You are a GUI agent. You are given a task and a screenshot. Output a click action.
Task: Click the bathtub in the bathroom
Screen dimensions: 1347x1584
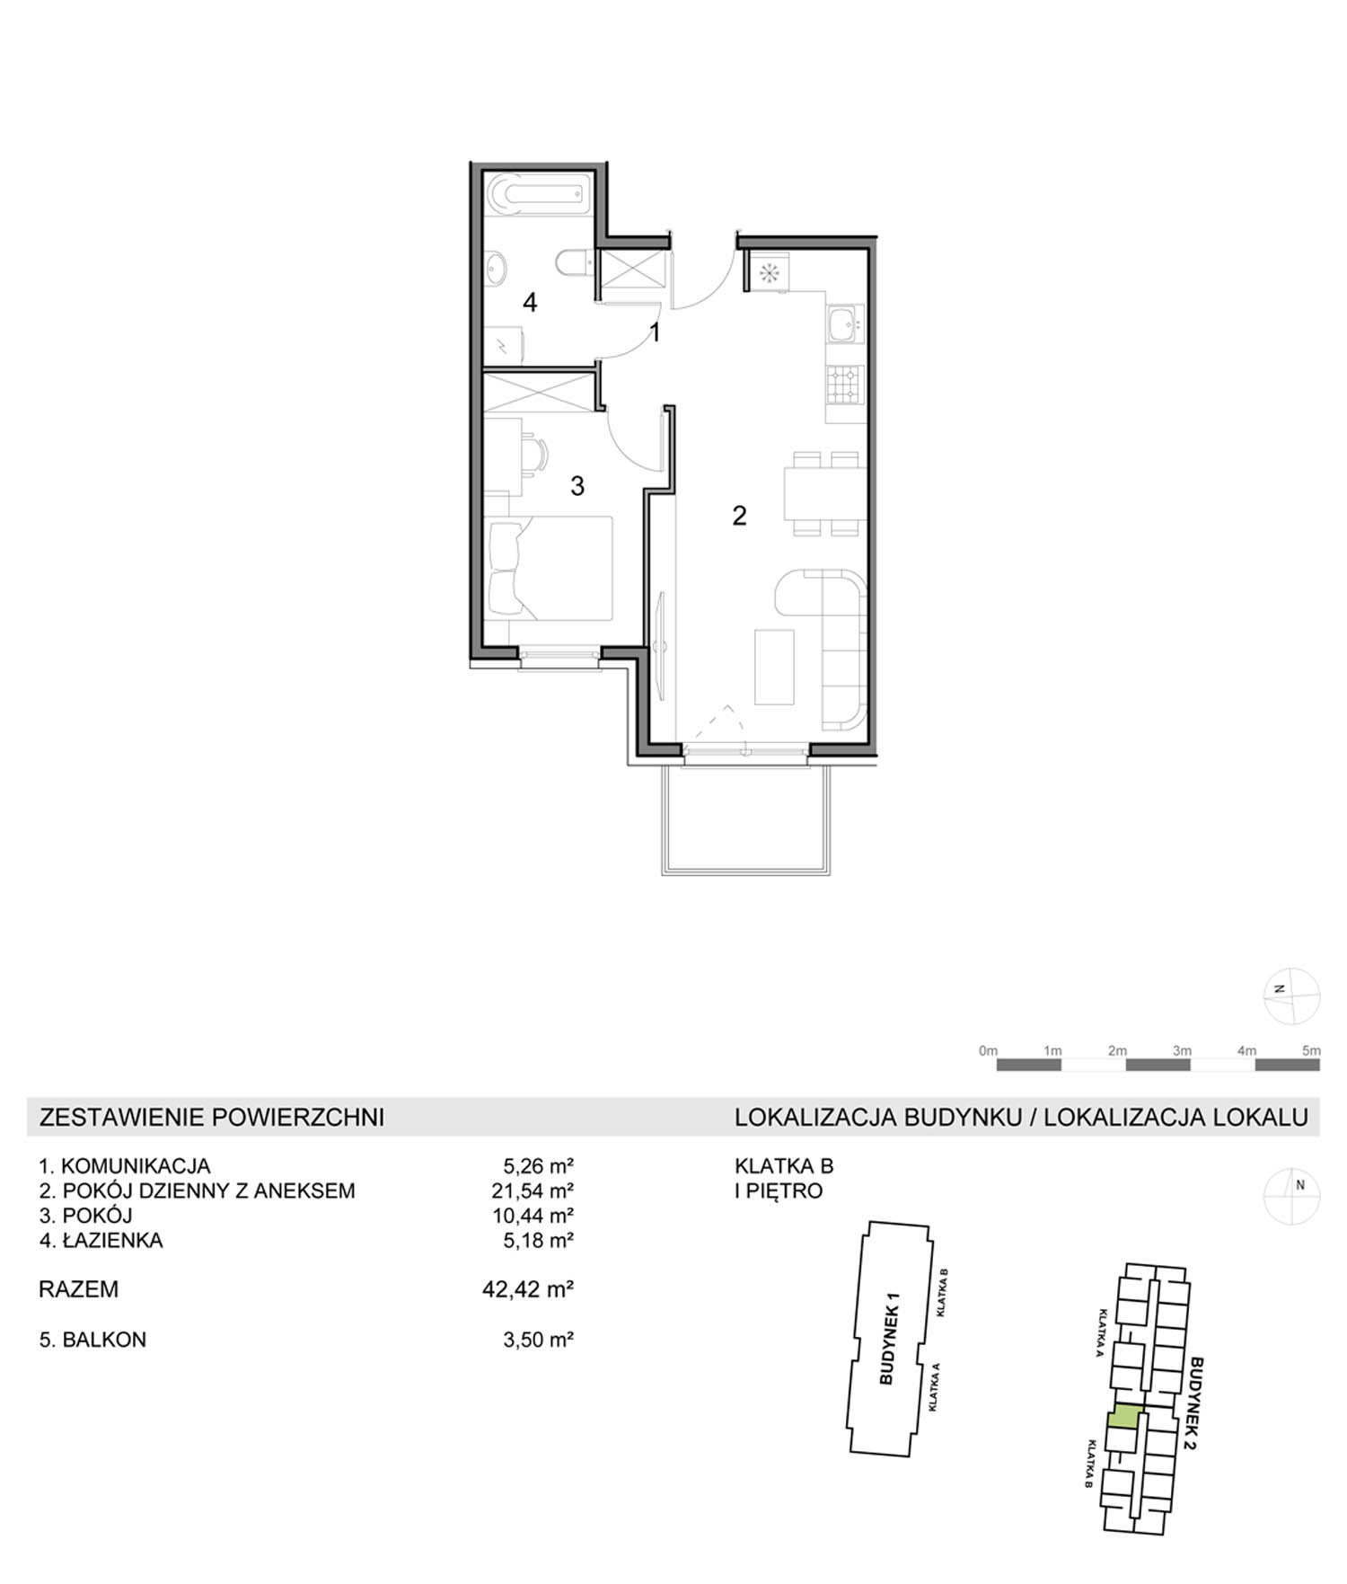537,195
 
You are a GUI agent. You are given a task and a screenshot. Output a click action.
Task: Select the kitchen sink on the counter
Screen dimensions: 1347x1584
843,325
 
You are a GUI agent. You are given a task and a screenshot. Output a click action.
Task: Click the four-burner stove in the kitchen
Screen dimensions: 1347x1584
843,385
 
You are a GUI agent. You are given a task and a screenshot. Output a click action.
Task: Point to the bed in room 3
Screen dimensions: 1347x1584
548,567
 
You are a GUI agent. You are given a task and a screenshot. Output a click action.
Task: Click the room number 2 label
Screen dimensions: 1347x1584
739,516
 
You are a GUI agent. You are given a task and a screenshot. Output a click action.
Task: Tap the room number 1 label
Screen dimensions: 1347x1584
656,332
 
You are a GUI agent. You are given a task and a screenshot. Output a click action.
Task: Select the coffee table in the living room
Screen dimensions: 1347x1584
774,667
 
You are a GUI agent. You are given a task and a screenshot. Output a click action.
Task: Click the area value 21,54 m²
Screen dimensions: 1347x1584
537,1190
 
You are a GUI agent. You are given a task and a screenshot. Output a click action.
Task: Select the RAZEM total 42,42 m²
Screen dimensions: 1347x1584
528,1289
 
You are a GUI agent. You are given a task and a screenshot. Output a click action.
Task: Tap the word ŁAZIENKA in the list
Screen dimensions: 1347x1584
112,1240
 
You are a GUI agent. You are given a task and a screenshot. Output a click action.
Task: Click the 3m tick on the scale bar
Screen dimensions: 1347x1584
1182,1050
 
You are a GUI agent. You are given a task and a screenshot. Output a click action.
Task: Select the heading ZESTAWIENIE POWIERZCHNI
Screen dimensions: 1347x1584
212,1117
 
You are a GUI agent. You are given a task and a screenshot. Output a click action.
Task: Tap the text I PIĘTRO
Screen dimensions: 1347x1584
779,1191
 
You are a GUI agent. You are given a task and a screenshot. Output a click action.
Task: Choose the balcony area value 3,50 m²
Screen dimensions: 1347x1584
538,1340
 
